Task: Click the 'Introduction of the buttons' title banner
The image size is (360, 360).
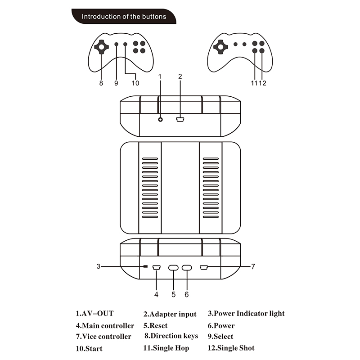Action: (x=124, y=17)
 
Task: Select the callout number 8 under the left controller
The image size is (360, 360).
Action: (x=101, y=83)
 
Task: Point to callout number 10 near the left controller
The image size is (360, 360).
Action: (x=135, y=83)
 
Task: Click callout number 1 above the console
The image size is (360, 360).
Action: (x=160, y=76)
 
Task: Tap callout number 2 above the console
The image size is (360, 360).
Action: (x=180, y=76)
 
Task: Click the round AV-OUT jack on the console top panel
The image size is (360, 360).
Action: (x=160, y=119)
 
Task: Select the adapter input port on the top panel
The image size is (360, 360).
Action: (x=180, y=119)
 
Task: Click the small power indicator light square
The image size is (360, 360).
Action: (x=145, y=267)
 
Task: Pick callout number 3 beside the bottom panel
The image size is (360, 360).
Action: (x=98, y=266)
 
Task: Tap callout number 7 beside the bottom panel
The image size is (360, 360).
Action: (x=253, y=266)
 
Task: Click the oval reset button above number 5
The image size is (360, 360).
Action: (x=173, y=268)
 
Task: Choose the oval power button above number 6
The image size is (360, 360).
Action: (x=187, y=268)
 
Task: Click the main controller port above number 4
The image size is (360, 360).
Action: (x=156, y=268)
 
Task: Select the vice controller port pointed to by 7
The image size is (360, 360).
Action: (x=203, y=268)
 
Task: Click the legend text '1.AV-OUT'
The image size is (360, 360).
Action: (x=94, y=313)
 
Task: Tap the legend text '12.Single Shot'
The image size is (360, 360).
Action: (x=231, y=348)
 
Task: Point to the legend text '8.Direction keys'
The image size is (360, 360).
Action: (x=171, y=336)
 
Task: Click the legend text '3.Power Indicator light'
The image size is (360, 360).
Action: (x=246, y=313)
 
